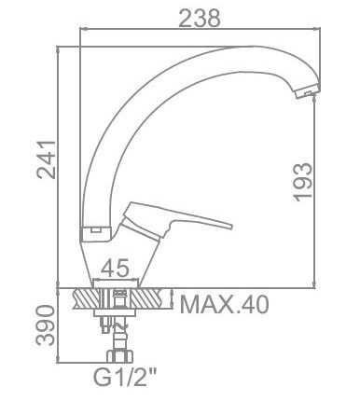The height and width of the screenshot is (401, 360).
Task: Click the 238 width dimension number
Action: click(x=201, y=18)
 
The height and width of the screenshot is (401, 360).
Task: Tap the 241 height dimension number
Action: click(x=47, y=159)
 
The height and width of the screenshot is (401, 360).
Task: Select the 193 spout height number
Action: click(x=303, y=182)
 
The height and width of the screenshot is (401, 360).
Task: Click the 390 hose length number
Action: click(x=46, y=325)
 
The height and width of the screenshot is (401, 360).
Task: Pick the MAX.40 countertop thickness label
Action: click(x=224, y=304)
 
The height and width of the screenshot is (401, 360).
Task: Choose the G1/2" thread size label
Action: click(x=125, y=377)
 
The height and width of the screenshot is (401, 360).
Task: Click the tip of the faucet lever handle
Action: click(x=231, y=226)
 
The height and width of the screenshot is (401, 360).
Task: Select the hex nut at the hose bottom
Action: click(x=120, y=356)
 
